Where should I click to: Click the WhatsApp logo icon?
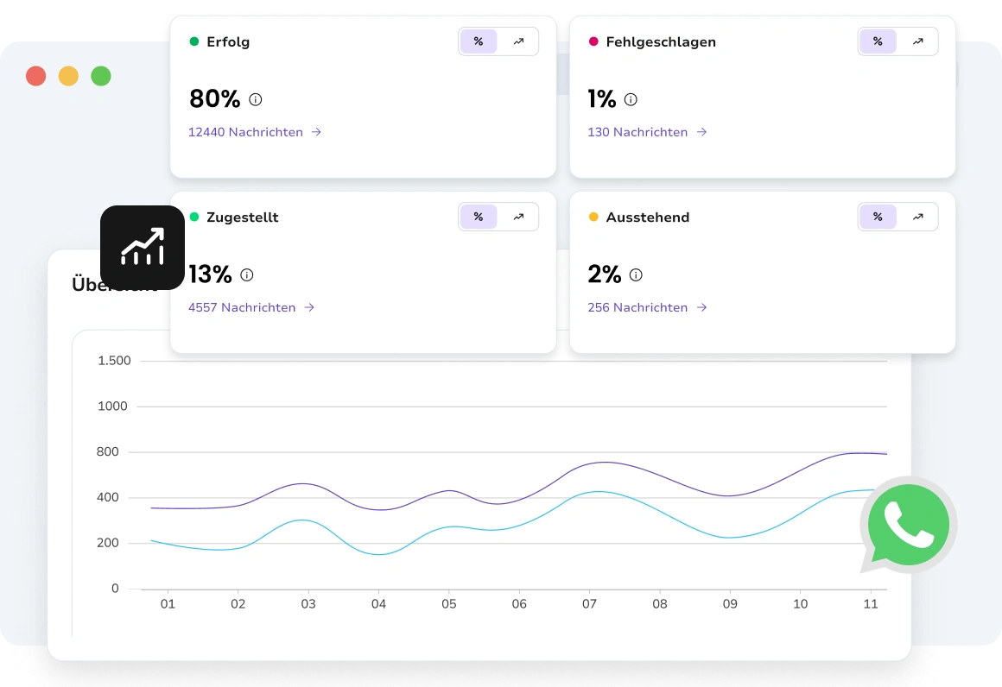coord(908,525)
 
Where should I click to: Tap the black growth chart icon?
coord(143,248)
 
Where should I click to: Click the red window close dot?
coord(35,76)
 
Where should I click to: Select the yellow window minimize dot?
coord(68,76)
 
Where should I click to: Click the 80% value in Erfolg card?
coord(214,99)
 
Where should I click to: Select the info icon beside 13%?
coord(247,275)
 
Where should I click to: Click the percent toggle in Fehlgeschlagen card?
coord(878,41)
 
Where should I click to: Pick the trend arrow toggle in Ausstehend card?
coord(917,217)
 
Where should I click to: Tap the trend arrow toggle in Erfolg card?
coord(518,41)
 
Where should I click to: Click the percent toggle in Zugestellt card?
coord(479,217)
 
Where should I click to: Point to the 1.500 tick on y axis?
coord(115,361)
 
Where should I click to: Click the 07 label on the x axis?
coord(589,604)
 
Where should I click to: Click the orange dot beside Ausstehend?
coord(593,217)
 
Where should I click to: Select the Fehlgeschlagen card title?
coord(661,41)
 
